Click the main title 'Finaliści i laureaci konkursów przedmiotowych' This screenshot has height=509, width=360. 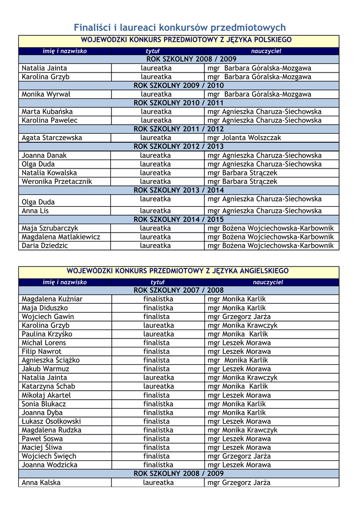click(x=180, y=27)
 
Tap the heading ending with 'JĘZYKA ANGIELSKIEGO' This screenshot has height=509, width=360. click(x=178, y=271)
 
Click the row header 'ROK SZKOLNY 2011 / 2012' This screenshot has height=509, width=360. click(x=179, y=129)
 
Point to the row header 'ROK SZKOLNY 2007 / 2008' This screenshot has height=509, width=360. click(x=179, y=290)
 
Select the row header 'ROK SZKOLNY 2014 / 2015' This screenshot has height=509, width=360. click(x=179, y=220)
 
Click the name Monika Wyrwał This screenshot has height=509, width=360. click(x=46, y=94)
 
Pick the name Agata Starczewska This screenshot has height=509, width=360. click(x=52, y=138)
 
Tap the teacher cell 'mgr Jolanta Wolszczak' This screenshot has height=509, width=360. click(x=244, y=138)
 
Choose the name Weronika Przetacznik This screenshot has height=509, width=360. click(x=57, y=181)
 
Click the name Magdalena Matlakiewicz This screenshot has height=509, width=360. click(x=61, y=237)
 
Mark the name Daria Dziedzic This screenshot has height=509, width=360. click(x=45, y=246)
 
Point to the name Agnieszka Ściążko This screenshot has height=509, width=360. click(x=51, y=360)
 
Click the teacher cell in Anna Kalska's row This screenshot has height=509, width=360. click(x=239, y=482)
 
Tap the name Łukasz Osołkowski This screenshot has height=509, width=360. click(x=51, y=421)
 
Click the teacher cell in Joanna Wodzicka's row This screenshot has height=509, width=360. click(x=239, y=465)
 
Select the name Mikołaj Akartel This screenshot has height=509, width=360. click(x=46, y=395)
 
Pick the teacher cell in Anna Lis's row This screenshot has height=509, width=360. click(x=265, y=211)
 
